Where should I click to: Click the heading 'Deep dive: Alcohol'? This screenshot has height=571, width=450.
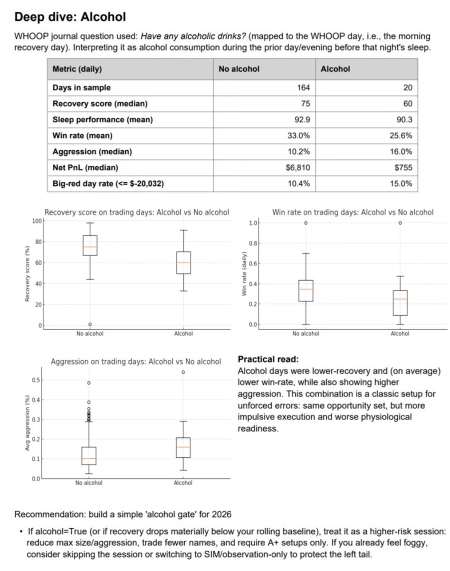click(x=70, y=18)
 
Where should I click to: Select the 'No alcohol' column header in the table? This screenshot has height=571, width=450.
click(x=239, y=69)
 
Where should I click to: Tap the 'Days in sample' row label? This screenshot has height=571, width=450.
click(x=81, y=88)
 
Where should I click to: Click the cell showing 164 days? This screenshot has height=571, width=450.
click(x=303, y=88)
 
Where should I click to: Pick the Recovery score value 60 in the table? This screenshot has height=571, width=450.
click(x=407, y=104)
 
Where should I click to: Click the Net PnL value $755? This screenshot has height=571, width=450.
click(x=403, y=167)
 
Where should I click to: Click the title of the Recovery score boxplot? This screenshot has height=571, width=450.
click(x=137, y=212)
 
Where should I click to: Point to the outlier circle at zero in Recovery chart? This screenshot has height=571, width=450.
click(x=90, y=325)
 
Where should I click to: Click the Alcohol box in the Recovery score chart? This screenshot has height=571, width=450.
click(x=183, y=263)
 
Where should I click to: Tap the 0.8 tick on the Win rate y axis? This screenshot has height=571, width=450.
click(x=253, y=243)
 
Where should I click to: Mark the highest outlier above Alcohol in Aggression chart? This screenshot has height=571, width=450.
click(x=183, y=372)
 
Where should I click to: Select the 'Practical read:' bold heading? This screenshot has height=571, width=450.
click(x=268, y=359)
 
